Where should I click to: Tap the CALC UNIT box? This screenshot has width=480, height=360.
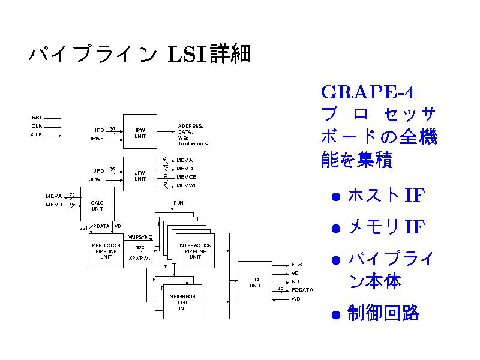click(x=97, y=206)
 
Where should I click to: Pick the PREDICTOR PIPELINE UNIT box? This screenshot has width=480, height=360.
click(x=106, y=251)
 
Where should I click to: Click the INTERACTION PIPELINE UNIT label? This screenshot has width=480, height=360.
click(x=196, y=251)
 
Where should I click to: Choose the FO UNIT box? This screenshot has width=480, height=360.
click(x=255, y=282)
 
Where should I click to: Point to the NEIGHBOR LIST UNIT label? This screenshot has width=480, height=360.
click(x=183, y=302)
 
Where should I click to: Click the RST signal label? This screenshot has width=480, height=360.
click(x=37, y=118)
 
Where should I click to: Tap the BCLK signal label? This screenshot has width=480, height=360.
click(x=35, y=134)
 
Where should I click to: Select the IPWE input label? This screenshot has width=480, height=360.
click(x=97, y=139)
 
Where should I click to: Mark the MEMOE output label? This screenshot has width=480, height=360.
click(x=186, y=177)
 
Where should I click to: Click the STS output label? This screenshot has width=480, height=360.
click(x=297, y=265)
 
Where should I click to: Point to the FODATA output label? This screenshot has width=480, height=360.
click(x=302, y=290)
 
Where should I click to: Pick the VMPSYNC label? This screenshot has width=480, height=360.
click(x=140, y=238)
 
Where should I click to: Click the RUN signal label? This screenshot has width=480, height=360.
click(x=178, y=203)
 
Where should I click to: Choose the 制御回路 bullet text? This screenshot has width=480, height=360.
click(x=383, y=313)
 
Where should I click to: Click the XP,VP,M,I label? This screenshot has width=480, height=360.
click(x=140, y=258)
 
